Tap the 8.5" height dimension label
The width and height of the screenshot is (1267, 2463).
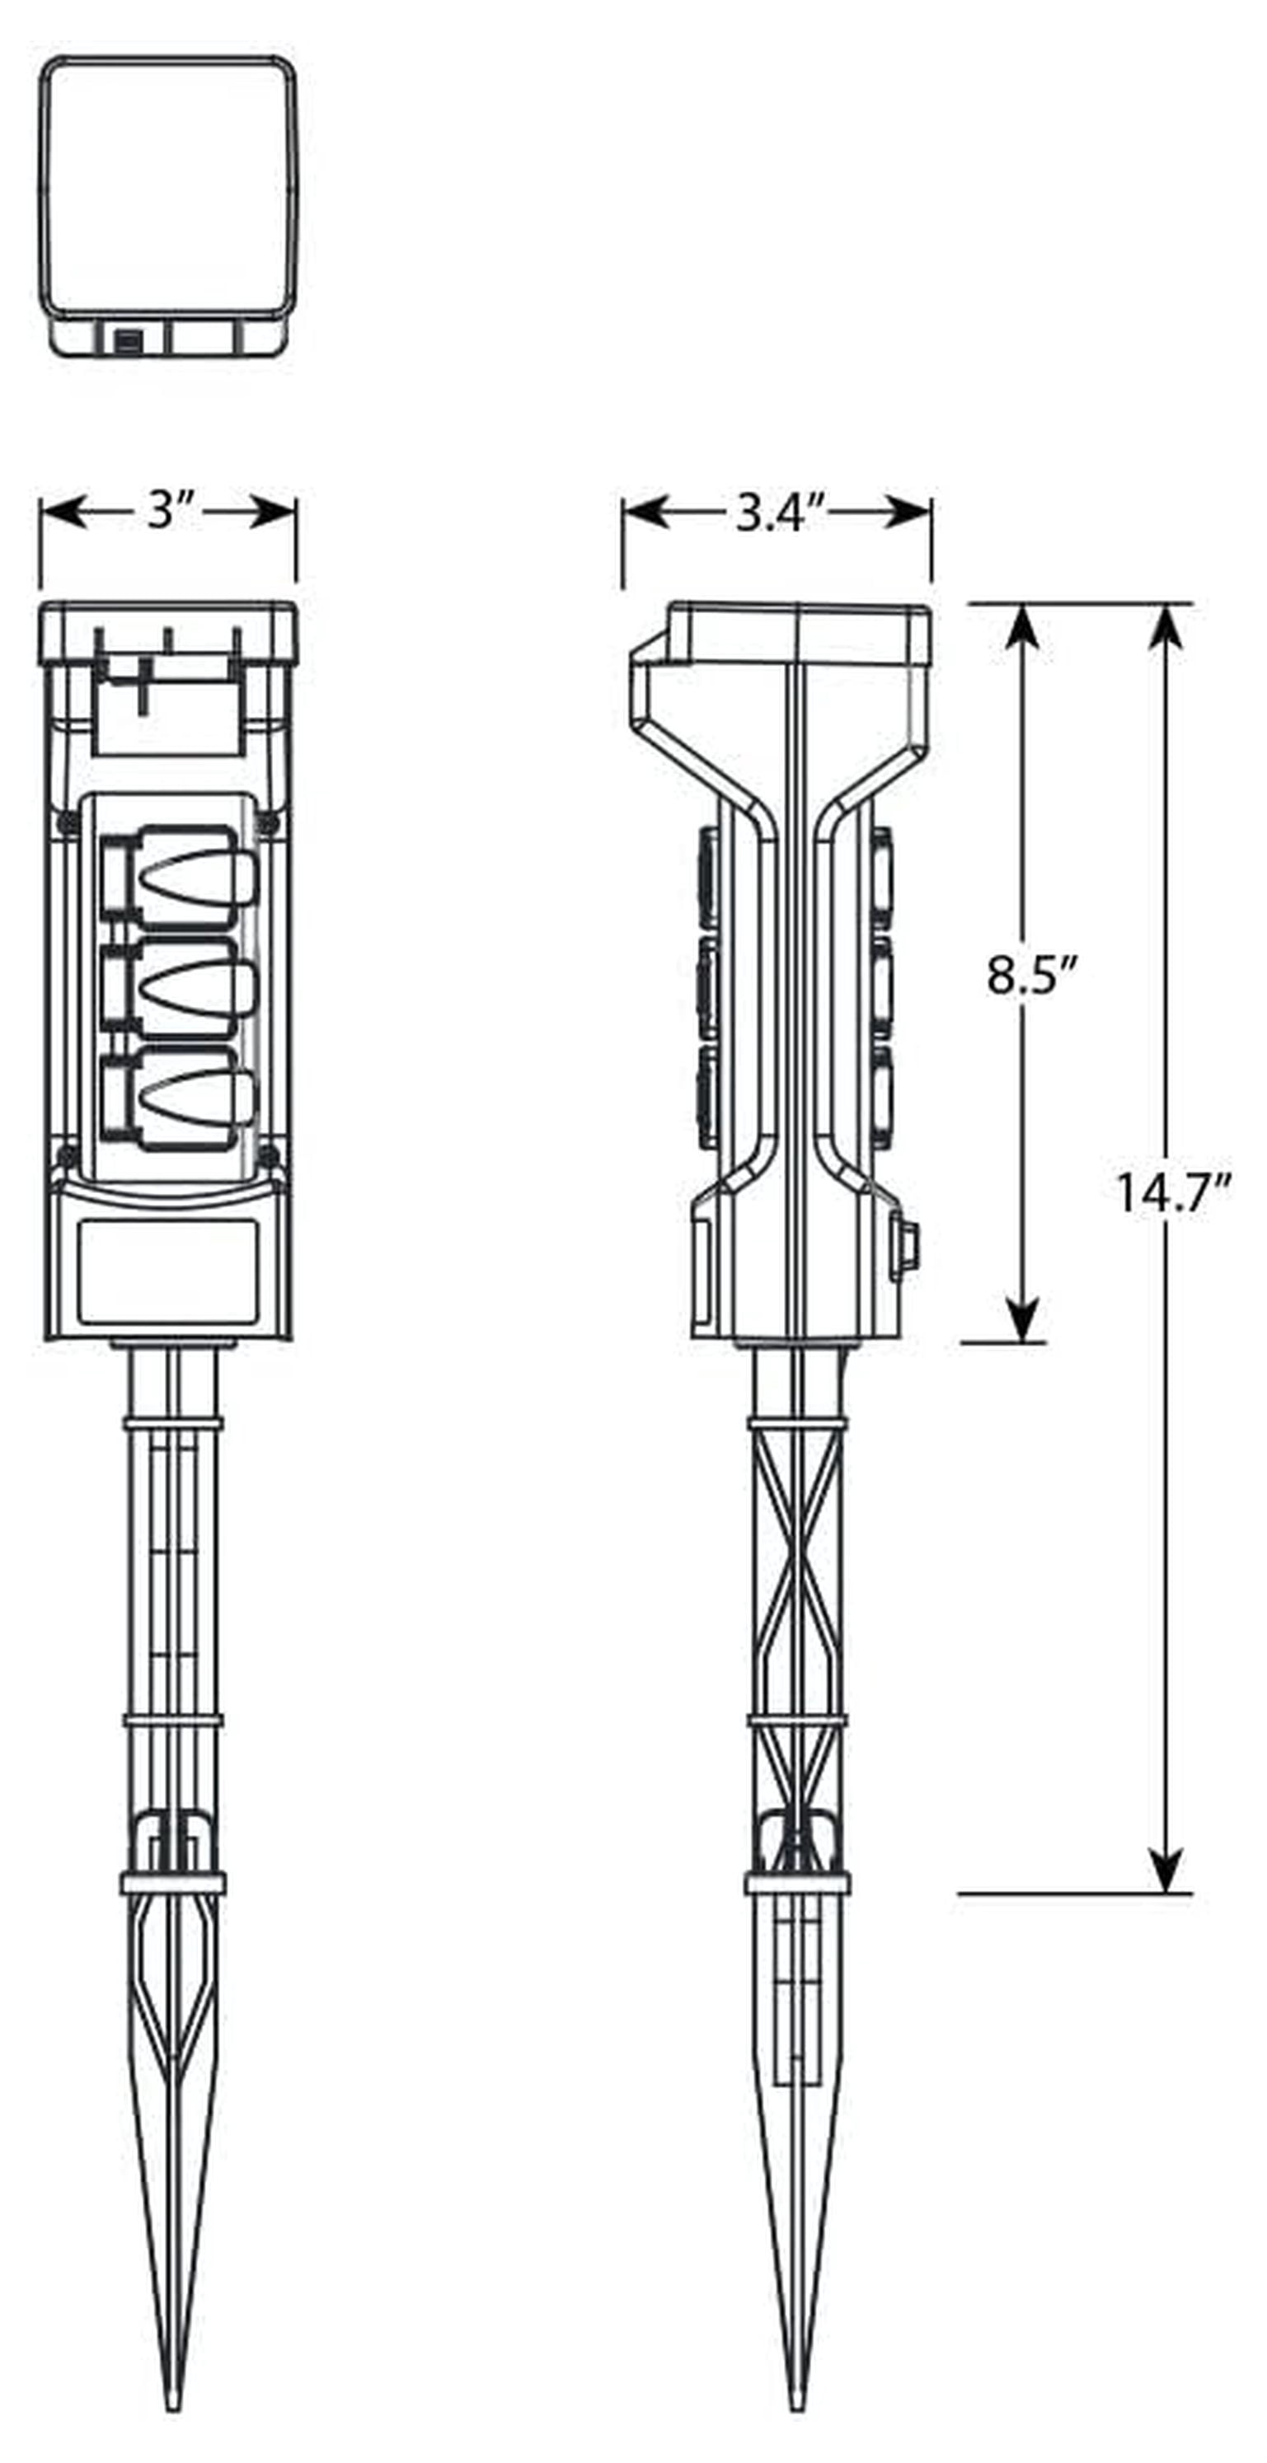coord(1030,976)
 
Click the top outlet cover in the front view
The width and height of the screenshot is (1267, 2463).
coord(181,878)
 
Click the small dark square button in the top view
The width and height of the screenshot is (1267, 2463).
coord(128,341)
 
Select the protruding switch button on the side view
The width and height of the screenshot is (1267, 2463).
coord(903,1246)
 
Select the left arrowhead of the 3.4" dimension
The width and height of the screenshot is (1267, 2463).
coord(645,513)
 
